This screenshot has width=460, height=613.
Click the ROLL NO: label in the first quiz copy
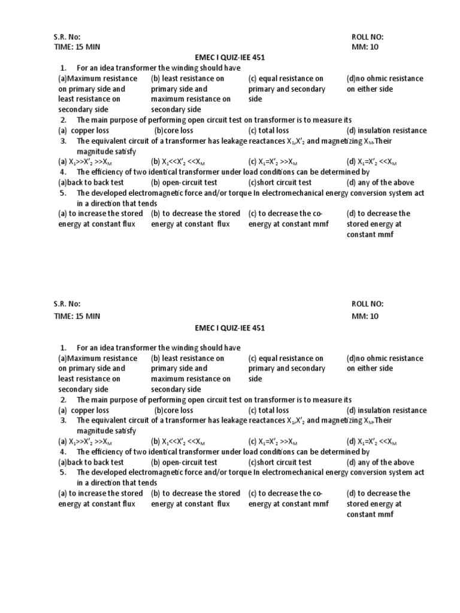point(368,37)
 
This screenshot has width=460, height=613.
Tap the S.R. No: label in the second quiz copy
point(66,305)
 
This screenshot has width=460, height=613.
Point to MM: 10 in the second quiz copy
point(366,315)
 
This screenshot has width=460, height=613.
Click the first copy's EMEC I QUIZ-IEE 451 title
point(229,57)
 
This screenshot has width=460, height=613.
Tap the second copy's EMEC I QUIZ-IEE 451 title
point(229,328)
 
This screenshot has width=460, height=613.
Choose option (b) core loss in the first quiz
point(174,131)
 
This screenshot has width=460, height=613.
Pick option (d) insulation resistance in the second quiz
point(386,411)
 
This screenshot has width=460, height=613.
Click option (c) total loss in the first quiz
point(268,131)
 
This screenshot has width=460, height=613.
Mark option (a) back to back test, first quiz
point(91,183)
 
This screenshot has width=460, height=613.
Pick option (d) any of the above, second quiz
point(380,462)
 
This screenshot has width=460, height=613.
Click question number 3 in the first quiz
point(63,141)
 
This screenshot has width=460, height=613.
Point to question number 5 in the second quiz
point(63,473)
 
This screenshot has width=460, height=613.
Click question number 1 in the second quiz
point(63,348)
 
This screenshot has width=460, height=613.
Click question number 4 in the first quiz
point(63,172)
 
